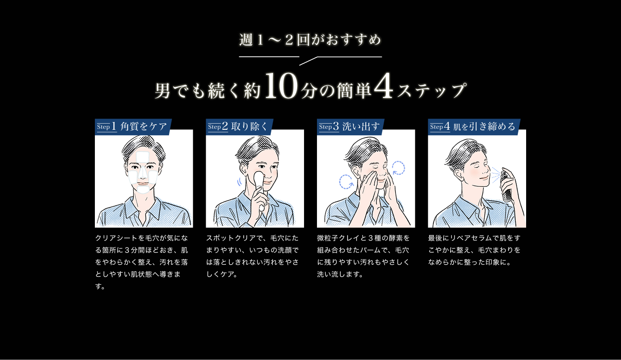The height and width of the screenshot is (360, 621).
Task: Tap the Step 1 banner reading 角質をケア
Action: tap(133, 127)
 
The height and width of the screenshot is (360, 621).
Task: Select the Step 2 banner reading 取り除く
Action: tap(240, 127)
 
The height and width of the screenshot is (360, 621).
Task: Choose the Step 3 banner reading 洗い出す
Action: tap(350, 127)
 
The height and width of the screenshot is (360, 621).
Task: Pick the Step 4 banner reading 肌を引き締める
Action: tap(474, 127)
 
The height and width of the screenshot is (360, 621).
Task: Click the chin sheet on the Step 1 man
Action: tap(144, 188)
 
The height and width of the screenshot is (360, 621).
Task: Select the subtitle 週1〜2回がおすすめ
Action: tap(310, 40)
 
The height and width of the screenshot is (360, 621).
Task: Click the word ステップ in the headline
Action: tap(431, 91)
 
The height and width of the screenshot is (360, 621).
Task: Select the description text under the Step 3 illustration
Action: tap(363, 256)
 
